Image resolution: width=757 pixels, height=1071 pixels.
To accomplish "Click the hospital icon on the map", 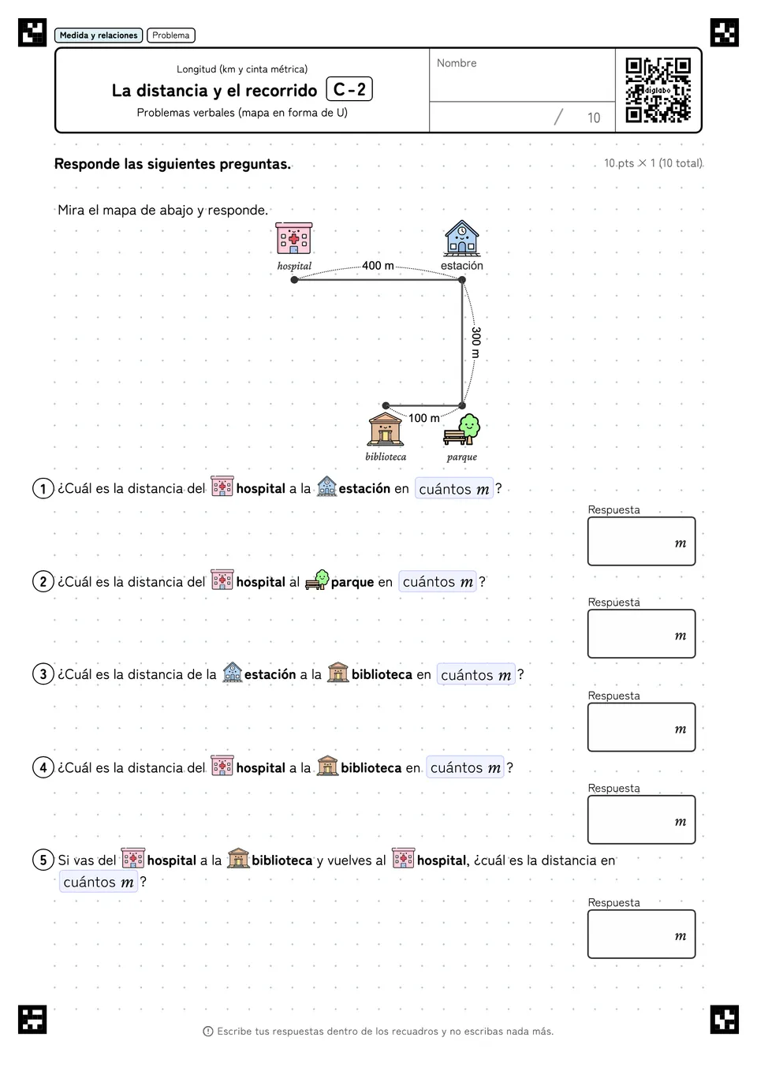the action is [294, 238].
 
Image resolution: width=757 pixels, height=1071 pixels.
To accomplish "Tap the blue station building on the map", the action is [461, 237].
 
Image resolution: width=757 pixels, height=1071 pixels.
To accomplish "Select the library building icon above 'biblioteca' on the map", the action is [385, 429].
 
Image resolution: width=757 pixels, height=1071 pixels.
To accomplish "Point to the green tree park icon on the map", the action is [461, 429].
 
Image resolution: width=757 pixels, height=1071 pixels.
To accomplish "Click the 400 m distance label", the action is [378, 265].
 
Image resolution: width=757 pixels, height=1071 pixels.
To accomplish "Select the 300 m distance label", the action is [475, 342].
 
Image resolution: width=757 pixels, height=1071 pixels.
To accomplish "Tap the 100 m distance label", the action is [424, 418].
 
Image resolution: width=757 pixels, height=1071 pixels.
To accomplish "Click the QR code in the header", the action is [658, 90].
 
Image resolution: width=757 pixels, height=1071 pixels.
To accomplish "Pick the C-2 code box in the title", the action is [349, 89].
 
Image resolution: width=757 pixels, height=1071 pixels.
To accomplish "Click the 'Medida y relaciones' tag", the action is [99, 35].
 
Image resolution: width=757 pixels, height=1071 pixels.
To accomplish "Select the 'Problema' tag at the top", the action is [170, 35].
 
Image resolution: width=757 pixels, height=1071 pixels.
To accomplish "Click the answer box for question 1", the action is [641, 541].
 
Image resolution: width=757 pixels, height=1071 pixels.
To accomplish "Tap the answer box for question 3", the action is [641, 727].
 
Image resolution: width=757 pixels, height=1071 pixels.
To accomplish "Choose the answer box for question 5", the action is [641, 934].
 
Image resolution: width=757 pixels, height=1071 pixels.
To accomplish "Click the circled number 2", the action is [43, 581].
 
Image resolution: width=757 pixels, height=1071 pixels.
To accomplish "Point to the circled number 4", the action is [43, 767].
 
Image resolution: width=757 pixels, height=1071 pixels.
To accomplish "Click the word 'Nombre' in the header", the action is [457, 63].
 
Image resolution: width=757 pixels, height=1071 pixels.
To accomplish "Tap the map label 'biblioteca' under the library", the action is [386, 457].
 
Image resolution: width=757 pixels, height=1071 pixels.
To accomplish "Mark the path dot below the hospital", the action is [294, 280].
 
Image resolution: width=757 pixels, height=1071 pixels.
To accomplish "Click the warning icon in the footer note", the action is [208, 1032].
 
